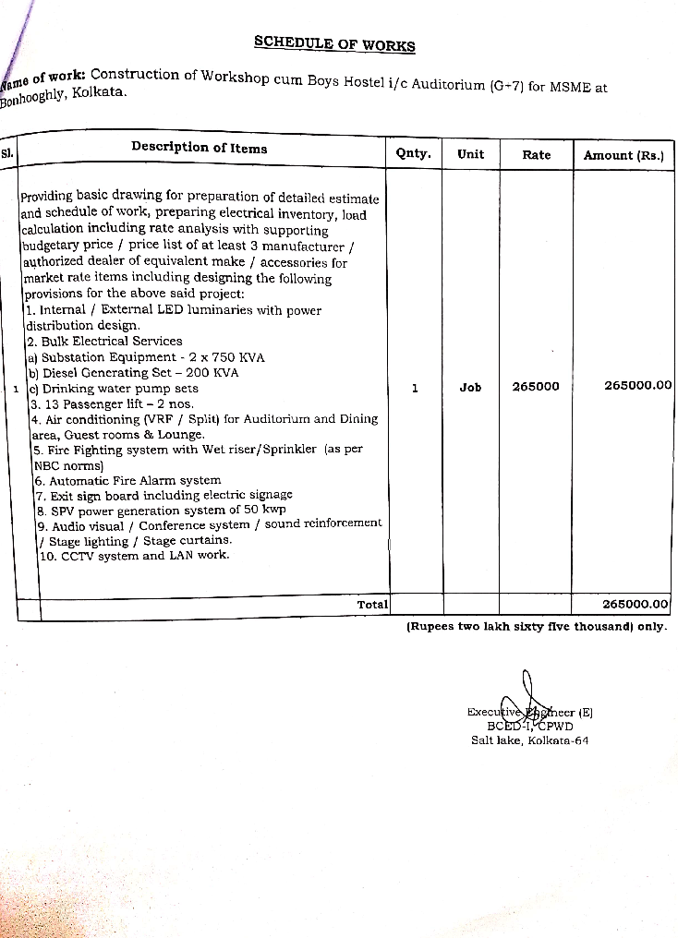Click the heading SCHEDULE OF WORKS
click(334, 44)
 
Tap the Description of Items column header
click(199, 148)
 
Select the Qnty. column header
click(413, 153)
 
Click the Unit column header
click(470, 154)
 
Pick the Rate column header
click(536, 155)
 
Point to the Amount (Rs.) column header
click(624, 156)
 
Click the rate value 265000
click(536, 387)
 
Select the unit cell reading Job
click(470, 388)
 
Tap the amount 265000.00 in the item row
click(637, 386)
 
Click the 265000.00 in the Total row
click(635, 604)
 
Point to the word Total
click(372, 604)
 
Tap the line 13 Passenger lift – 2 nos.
click(113, 403)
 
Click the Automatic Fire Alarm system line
click(128, 480)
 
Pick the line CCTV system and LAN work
click(135, 556)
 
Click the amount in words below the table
click(537, 626)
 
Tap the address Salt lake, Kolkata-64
click(529, 740)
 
